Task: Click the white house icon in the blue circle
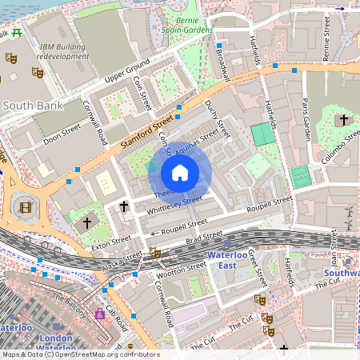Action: (180, 173)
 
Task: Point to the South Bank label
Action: (29, 105)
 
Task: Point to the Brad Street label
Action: (204, 237)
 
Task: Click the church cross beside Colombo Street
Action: (344, 120)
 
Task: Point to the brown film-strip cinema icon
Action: (26, 207)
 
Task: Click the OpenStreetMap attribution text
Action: (80, 354)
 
